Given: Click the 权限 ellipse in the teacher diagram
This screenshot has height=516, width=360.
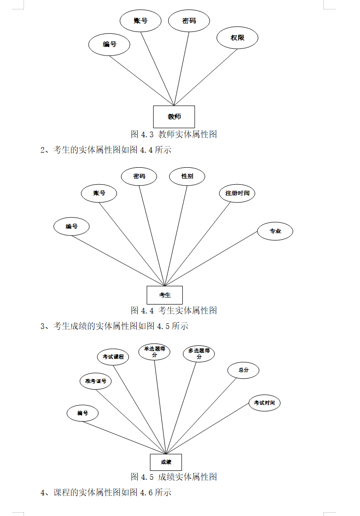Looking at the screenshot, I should [x=237, y=38].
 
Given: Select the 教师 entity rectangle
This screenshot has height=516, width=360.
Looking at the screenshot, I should [x=174, y=117].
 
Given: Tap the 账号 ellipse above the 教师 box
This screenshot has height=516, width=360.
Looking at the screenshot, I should [x=141, y=21].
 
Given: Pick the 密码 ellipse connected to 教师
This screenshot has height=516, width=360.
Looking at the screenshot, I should [x=189, y=21].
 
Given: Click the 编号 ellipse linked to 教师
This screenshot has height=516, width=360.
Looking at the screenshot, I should [x=110, y=45].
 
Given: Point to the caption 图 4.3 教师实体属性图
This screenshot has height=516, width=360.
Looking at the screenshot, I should [x=173, y=134].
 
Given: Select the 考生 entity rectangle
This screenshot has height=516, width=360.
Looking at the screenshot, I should [x=164, y=295].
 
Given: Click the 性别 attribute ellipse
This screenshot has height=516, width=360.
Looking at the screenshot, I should [x=187, y=177].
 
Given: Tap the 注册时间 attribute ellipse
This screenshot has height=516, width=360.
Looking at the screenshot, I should [x=237, y=193].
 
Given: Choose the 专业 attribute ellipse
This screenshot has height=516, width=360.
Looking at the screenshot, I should [x=275, y=231].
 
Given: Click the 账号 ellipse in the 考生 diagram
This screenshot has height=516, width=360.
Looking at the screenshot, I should [x=99, y=193].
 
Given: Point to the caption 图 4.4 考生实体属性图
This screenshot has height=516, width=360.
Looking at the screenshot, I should [x=173, y=311].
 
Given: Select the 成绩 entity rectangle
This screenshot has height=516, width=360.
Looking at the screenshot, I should [x=165, y=462].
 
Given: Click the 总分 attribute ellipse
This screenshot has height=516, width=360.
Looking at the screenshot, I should [x=243, y=370].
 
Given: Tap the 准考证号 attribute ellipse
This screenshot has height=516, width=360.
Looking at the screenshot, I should [x=96, y=381].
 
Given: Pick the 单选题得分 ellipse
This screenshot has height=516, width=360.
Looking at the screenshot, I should [x=154, y=352].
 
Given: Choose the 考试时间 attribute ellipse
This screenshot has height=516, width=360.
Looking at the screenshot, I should [x=264, y=403].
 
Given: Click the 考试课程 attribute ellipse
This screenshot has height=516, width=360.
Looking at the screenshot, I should [x=113, y=357].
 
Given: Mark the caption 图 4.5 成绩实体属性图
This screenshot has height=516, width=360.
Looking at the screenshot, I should [x=173, y=477].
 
